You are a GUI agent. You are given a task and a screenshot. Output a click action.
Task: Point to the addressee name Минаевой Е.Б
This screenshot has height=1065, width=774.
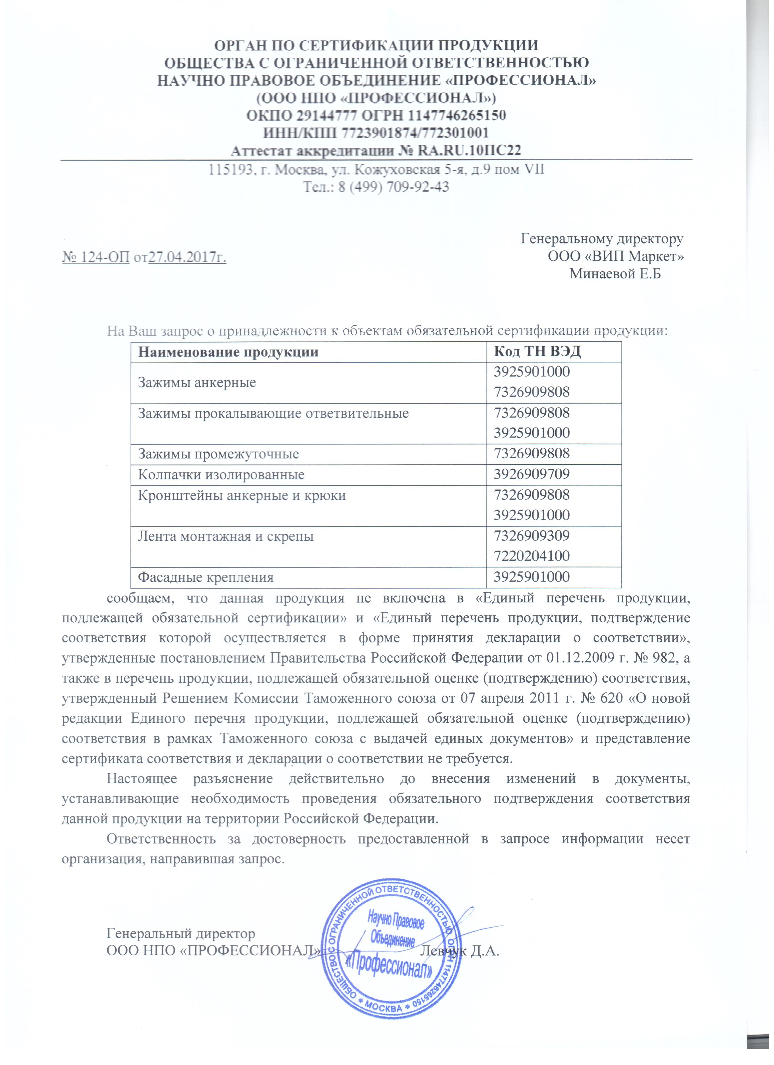pyautogui.click(x=615, y=274)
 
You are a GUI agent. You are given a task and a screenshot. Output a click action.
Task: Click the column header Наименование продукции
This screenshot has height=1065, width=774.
pyautogui.click(x=228, y=352)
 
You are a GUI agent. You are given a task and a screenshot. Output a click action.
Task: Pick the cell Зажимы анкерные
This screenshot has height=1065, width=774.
pyautogui.click(x=197, y=382)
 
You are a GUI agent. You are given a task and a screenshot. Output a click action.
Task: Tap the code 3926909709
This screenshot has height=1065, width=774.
pyautogui.click(x=532, y=474)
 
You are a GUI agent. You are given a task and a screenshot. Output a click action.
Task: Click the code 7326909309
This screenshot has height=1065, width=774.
pyautogui.click(x=532, y=536)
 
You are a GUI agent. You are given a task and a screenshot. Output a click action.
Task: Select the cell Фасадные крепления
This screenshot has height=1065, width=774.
pyautogui.click(x=206, y=577)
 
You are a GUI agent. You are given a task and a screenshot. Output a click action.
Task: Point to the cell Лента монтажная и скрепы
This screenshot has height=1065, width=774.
pyautogui.click(x=226, y=536)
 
